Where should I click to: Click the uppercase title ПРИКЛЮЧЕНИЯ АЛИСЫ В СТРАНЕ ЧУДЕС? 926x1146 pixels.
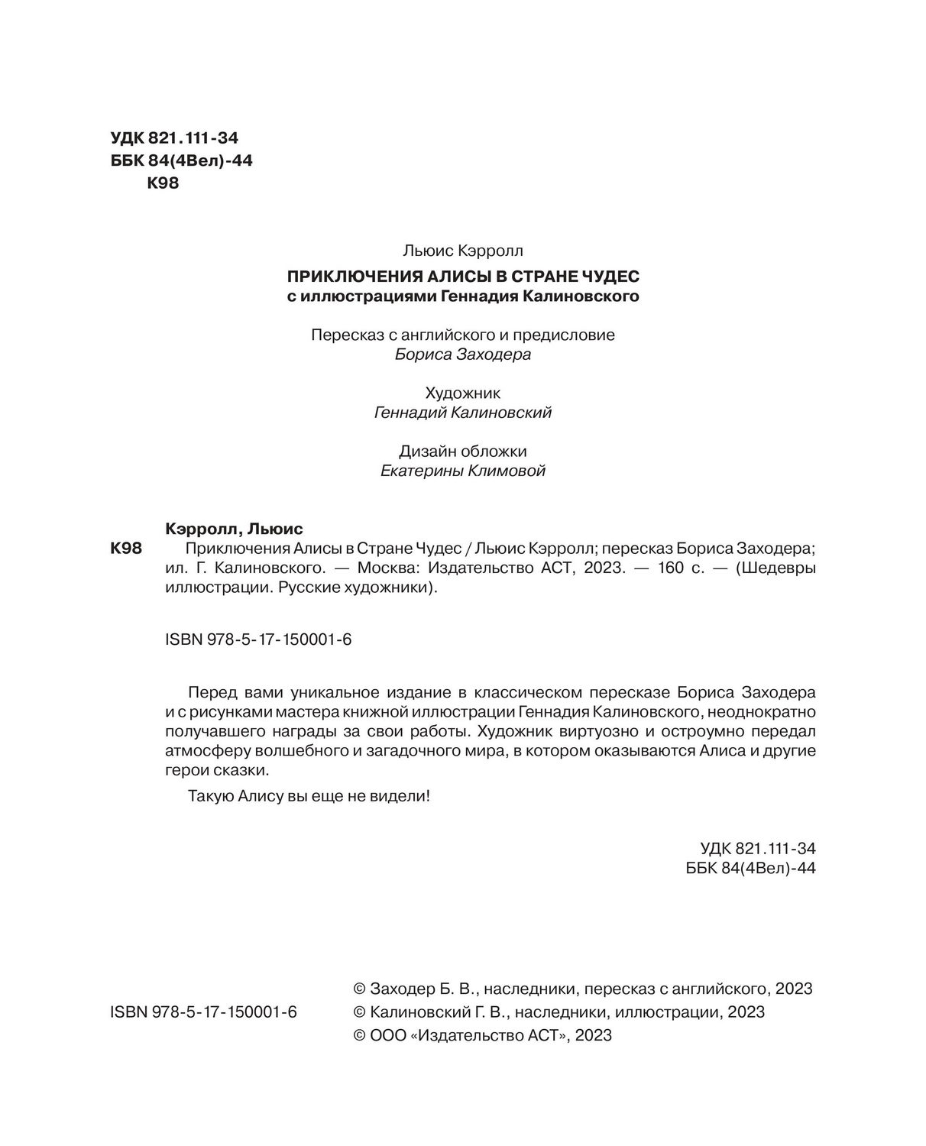coord(462,276)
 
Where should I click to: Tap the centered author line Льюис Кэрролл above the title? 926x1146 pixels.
coord(462,250)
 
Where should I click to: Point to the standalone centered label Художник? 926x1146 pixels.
coord(462,393)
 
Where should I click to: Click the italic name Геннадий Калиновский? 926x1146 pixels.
coord(463,413)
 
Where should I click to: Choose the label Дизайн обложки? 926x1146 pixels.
coord(463,452)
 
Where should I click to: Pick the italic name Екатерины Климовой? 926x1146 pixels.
coord(463,471)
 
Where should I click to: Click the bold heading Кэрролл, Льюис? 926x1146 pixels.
coord(235,529)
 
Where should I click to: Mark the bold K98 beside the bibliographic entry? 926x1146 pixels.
coord(127,549)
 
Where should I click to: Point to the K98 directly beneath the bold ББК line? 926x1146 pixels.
coord(162,183)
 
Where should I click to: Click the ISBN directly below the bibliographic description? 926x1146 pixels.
coord(257,640)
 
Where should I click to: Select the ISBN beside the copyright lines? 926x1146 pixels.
coord(203,1012)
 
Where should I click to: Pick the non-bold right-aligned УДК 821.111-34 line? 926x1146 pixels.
coord(757,849)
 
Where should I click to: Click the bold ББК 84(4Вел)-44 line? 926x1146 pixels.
coord(182,160)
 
